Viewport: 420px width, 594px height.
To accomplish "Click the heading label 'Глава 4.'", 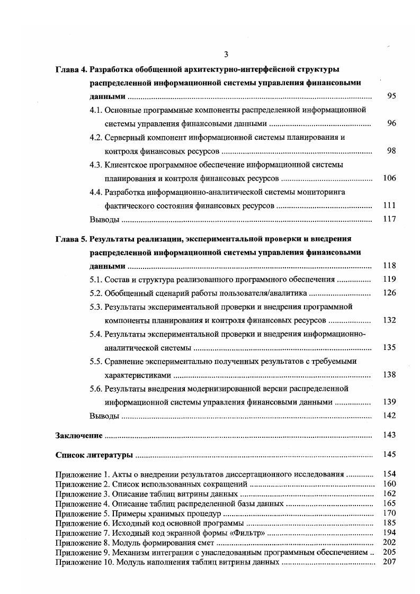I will click(72, 69).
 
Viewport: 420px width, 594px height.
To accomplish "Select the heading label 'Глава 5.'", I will click(72, 239).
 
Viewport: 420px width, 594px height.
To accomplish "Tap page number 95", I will click(391, 96).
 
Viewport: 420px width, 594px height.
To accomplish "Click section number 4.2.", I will click(96, 137).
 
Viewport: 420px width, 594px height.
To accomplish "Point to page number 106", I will click(389, 178).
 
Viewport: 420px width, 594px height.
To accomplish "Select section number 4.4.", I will click(96, 192).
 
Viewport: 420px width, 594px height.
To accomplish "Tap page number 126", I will click(389, 293).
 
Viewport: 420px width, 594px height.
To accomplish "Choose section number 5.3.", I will click(96, 307).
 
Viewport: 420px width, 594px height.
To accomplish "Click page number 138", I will click(389, 375).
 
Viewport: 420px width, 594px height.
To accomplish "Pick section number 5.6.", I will click(96, 389).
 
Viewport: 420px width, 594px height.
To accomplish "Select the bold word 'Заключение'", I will click(78, 435).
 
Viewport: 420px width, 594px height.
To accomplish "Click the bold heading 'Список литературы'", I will click(94, 454).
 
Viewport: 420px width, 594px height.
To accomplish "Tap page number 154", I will click(389, 474).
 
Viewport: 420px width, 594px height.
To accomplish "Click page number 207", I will click(389, 562).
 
